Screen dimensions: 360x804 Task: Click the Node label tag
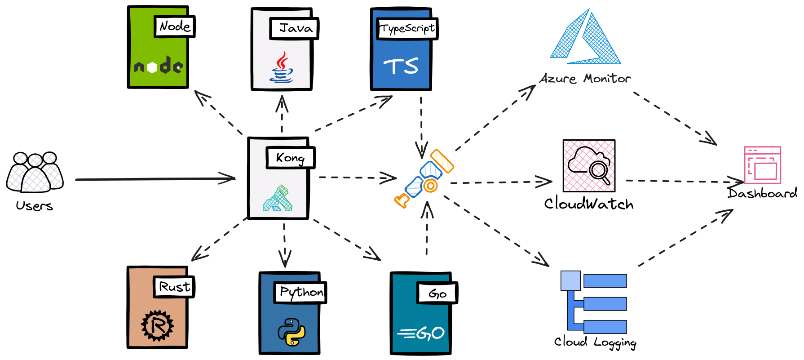click(x=174, y=27)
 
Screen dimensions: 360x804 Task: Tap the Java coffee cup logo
click(x=282, y=68)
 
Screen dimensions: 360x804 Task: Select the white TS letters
click(x=401, y=67)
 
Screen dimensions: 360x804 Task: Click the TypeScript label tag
click(x=406, y=29)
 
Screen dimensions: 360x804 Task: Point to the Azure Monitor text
click(x=585, y=79)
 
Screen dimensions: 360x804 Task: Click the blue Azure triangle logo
click(x=585, y=38)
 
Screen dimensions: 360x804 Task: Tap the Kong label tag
click(x=290, y=158)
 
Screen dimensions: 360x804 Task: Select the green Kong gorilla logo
click(x=278, y=199)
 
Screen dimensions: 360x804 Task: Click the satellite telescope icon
click(x=424, y=179)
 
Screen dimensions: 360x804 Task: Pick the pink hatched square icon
click(x=589, y=166)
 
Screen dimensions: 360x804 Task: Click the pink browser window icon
click(x=762, y=165)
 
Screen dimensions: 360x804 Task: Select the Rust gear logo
click(x=157, y=325)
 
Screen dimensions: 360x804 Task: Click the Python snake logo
click(x=292, y=332)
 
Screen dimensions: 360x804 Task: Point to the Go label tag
click(x=436, y=294)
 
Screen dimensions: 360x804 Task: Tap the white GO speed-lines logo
click(x=421, y=333)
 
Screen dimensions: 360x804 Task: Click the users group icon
click(x=35, y=173)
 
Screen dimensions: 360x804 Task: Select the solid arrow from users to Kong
click(x=155, y=179)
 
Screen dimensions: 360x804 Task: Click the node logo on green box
click(x=158, y=67)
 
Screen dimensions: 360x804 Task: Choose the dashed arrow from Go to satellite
click(x=427, y=229)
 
